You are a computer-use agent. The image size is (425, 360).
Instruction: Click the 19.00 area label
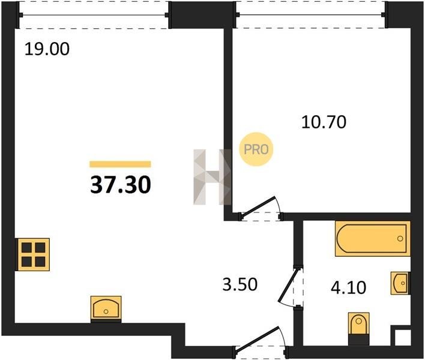click(47, 49)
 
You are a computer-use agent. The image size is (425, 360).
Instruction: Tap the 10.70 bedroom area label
click(324, 122)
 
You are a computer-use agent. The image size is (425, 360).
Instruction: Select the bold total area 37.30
click(120, 185)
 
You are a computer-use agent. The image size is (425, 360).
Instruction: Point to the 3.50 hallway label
click(240, 284)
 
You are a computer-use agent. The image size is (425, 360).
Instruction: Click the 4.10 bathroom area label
click(349, 287)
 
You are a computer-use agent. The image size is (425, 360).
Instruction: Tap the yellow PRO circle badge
click(256, 149)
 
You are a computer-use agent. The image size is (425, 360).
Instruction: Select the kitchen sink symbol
click(106, 308)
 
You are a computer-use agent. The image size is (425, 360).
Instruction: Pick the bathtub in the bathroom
click(372, 239)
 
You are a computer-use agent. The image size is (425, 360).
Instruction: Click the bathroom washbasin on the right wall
click(400, 283)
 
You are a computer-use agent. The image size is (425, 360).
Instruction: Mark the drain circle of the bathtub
click(400, 239)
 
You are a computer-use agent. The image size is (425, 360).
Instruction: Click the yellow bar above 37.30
click(120, 164)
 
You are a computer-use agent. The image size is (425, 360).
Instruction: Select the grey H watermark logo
click(212, 176)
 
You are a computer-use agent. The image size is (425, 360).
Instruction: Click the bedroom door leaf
click(258, 206)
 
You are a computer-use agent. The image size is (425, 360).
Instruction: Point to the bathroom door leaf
click(289, 284)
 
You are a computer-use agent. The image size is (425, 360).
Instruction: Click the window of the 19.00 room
click(94, 14)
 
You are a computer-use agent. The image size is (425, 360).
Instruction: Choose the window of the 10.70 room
click(311, 14)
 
